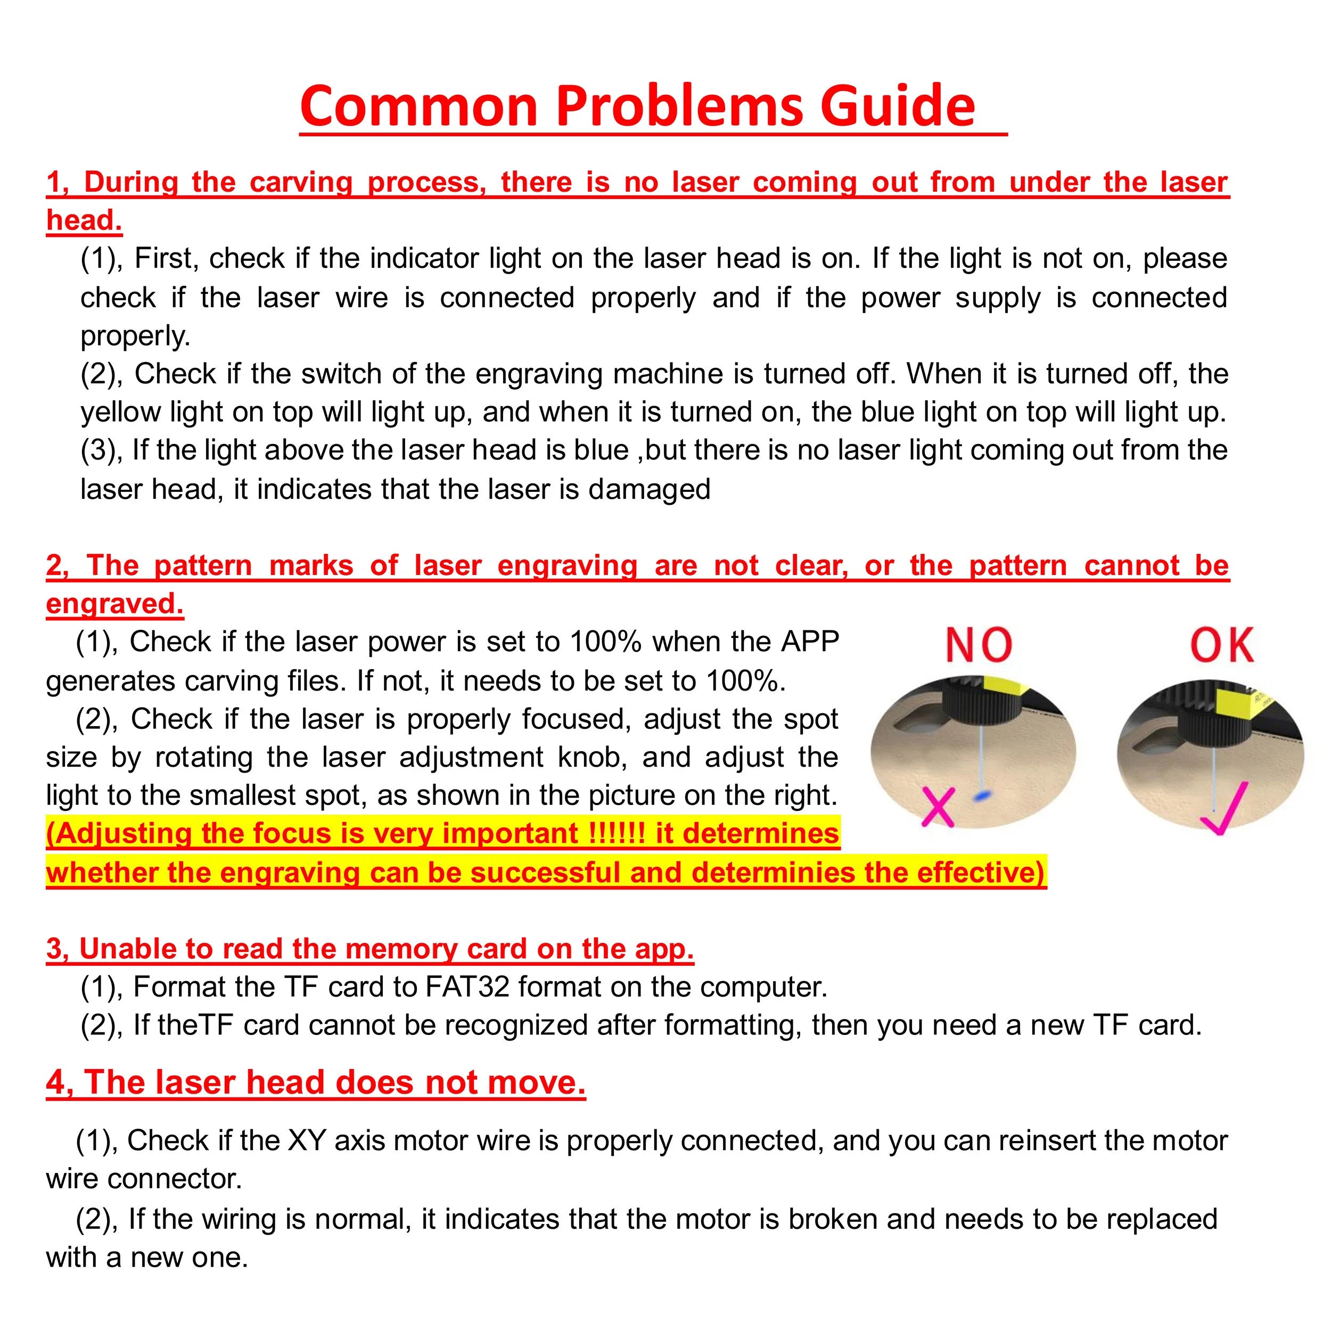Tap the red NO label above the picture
tap(978, 645)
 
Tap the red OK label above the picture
tap(1222, 645)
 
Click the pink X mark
tap(938, 806)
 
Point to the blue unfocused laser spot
tap(982, 796)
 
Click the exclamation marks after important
tap(617, 834)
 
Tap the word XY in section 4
tap(307, 1140)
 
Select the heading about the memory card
tap(370, 949)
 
